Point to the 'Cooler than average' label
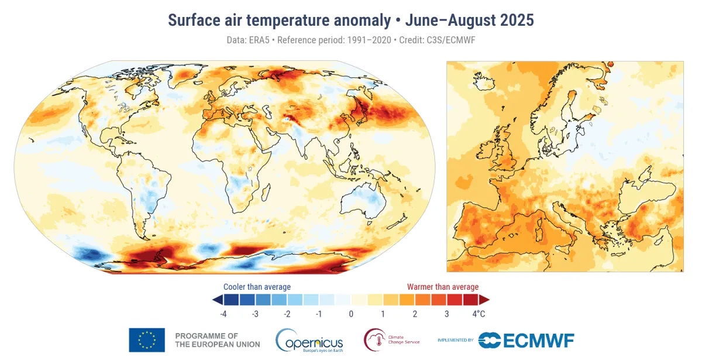point(257,287)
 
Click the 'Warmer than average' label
point(443,287)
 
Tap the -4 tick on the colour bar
point(223,314)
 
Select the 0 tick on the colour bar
point(351,314)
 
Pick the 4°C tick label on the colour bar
point(478,314)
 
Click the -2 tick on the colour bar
point(287,314)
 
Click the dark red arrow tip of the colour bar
point(484,300)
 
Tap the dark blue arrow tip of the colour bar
point(217,300)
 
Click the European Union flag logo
point(147,340)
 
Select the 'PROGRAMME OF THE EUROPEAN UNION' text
point(217,340)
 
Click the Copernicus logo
point(309,340)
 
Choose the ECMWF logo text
point(526,340)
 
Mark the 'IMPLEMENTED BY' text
point(455,340)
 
